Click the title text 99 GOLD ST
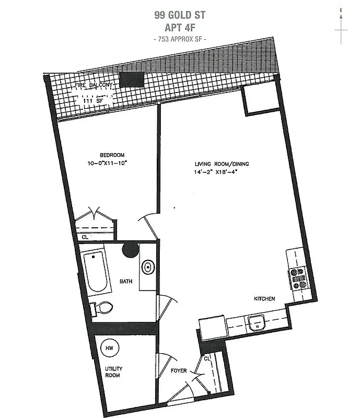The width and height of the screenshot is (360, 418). pos(180,14)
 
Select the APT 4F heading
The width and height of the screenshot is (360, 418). pos(180,27)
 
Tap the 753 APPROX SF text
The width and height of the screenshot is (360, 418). pos(180,39)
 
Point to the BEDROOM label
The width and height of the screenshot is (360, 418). pos(112,155)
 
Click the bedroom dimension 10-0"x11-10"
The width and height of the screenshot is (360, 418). pos(115,164)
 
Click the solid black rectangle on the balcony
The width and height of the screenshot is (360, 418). pos(131,80)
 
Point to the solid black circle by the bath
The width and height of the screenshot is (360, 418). pos(130,250)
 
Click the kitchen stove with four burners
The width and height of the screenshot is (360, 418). pos(299,278)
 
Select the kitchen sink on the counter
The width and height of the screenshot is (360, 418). pos(256,323)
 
